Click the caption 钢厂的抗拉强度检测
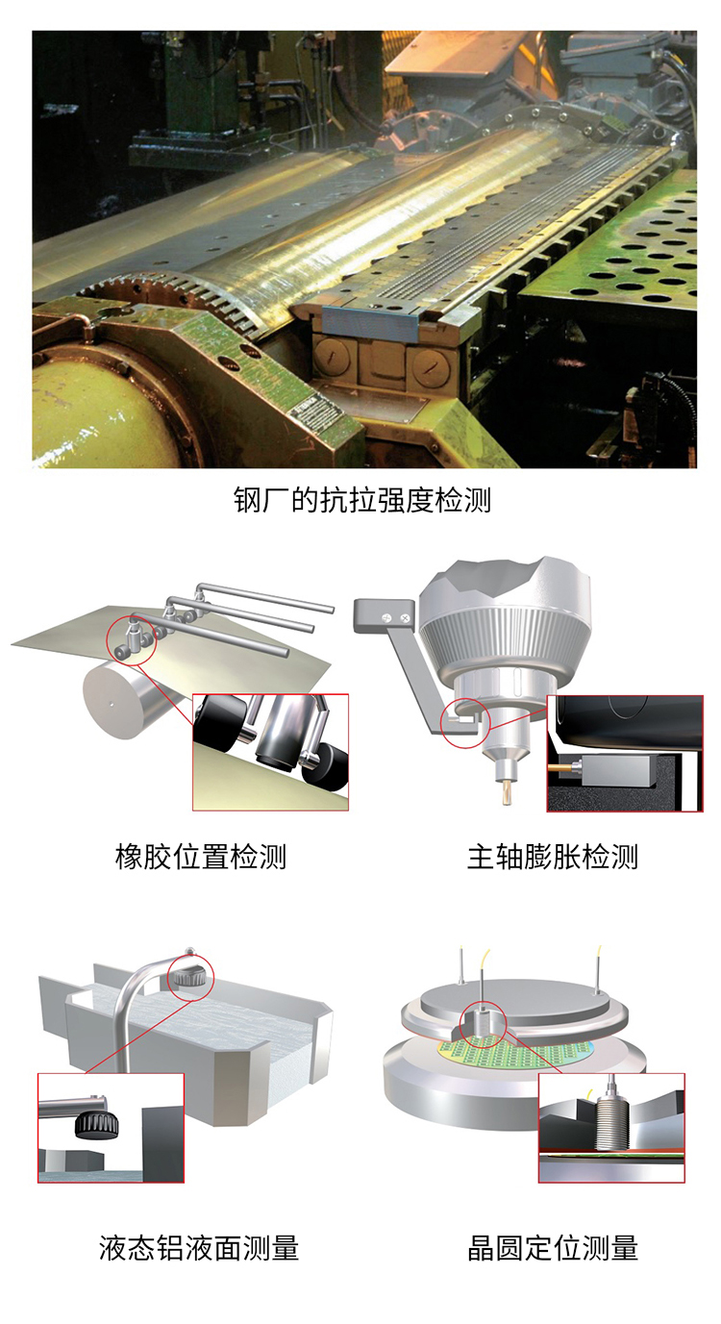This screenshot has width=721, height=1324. pyautogui.click(x=362, y=500)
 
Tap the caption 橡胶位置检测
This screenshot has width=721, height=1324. pyautogui.click(x=201, y=857)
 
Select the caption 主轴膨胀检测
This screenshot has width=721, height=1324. pyautogui.click(x=553, y=857)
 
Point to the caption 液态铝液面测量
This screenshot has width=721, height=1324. pyautogui.click(x=199, y=1248)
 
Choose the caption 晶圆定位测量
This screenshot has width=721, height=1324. pyautogui.click(x=553, y=1248)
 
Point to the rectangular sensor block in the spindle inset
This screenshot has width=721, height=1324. pyautogui.click(x=620, y=769)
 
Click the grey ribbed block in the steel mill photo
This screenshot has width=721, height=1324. pyautogui.click(x=370, y=323)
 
